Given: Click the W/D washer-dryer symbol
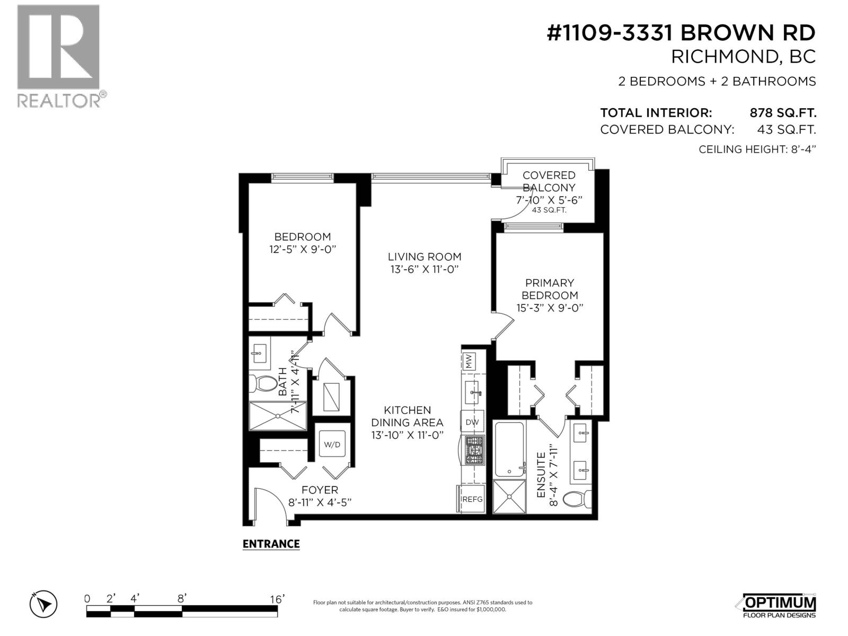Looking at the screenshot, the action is pos(332,444).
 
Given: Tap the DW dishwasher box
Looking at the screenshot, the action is pos(472,422).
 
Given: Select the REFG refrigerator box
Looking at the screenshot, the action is pos(472,499).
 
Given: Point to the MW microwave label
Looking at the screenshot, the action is pos(469,361).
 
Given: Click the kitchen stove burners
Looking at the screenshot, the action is pos(474,450).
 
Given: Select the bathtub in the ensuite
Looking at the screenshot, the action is pos(509,449).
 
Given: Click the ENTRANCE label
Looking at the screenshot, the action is pos(271,544).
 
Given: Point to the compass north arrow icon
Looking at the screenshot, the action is pos(43,604).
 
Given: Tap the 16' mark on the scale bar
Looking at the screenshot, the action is pos(277,599).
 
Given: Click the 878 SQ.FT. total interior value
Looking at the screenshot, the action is pos(783,113).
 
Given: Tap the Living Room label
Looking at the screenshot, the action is pos(425,257).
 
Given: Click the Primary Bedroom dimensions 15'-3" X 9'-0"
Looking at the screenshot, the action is pos(550,308).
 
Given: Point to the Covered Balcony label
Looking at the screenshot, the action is pos(549,181).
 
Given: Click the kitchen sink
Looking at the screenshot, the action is pos(472,392).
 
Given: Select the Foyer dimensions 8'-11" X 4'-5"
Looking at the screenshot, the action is pos(320,502).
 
